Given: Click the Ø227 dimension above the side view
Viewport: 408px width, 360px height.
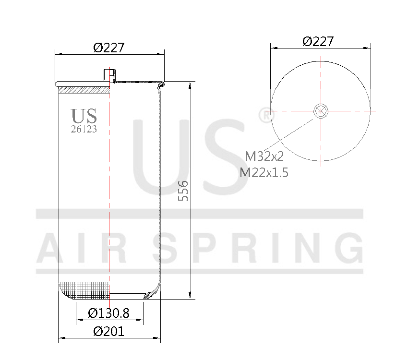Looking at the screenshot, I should [x=109, y=48].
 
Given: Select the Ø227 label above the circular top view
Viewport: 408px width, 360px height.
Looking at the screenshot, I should [x=318, y=41].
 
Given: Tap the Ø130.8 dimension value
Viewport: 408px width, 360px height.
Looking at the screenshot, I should [x=109, y=313].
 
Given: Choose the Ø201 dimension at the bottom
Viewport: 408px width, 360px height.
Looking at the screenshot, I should [x=108, y=331].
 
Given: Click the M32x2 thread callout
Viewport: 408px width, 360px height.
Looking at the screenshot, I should [x=264, y=156].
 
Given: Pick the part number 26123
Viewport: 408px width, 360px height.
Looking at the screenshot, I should [x=84, y=129].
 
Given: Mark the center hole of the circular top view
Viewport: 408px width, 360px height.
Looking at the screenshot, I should [x=320, y=111].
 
